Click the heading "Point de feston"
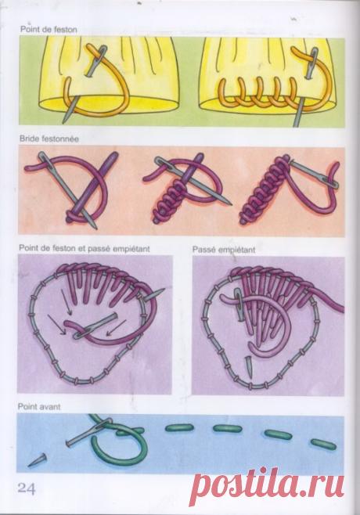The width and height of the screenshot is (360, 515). coord(49,30)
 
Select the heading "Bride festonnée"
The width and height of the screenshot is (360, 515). coord(49,139)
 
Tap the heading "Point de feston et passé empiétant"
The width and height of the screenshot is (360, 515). coord(85,249)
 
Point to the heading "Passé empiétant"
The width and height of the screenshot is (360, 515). coord(224,250)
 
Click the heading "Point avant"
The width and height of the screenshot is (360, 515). coord(39,407)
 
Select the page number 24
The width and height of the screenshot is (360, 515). coord(27,488)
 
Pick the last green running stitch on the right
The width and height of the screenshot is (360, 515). coord(323,444)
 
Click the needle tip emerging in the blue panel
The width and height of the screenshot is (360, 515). coord(30,465)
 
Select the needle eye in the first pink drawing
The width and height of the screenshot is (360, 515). coord(47,160)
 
